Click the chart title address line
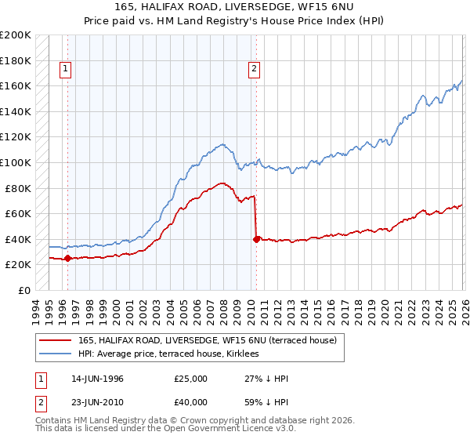coord(234,7)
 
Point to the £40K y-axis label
coord(19,239)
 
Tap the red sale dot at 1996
coord(67,258)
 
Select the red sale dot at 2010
coord(256,239)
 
